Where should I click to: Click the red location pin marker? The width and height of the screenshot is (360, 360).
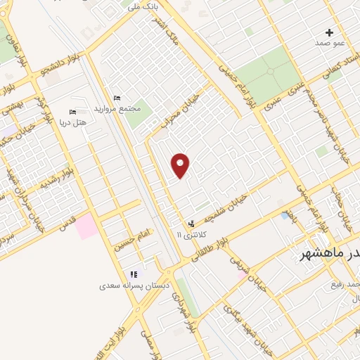pos(181,165)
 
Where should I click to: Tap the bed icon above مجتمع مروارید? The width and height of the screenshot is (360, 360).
pos(117,98)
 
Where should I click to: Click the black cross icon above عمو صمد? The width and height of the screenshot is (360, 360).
pos(330,32)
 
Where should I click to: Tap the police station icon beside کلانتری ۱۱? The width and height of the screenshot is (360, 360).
pos(191,224)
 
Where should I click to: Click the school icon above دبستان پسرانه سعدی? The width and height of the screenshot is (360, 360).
pos(133,274)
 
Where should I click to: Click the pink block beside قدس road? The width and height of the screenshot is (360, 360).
pos(88,227)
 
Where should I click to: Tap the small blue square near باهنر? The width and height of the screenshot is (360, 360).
pos(285,215)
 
